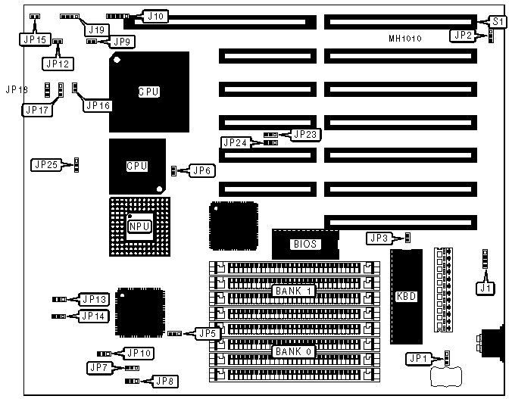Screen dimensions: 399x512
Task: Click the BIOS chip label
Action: click(304, 244)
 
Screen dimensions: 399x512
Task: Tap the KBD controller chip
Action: click(407, 295)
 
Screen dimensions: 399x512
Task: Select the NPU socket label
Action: click(139, 226)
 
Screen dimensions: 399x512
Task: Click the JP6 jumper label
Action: click(200, 171)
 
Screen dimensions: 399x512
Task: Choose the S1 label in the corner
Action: click(498, 21)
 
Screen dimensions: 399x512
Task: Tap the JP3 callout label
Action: click(379, 238)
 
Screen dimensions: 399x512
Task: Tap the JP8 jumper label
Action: click(164, 381)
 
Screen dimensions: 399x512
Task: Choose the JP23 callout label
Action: click(306, 134)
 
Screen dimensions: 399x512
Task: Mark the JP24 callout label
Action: click(235, 142)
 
